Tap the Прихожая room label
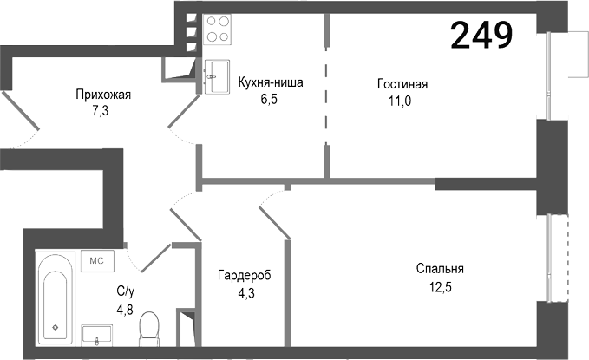(103, 95)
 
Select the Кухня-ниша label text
(270, 83)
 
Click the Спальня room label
(440, 268)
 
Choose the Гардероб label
(244, 275)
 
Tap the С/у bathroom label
(125, 291)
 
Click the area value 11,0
(401, 100)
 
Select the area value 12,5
(439, 285)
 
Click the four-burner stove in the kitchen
(218, 29)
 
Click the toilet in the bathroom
(150, 329)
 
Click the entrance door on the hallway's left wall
(19, 116)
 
